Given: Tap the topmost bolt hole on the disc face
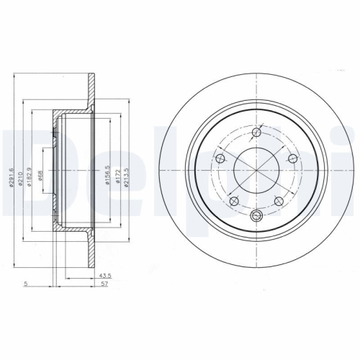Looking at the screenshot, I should (257, 132).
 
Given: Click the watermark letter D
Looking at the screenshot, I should (18, 173).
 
